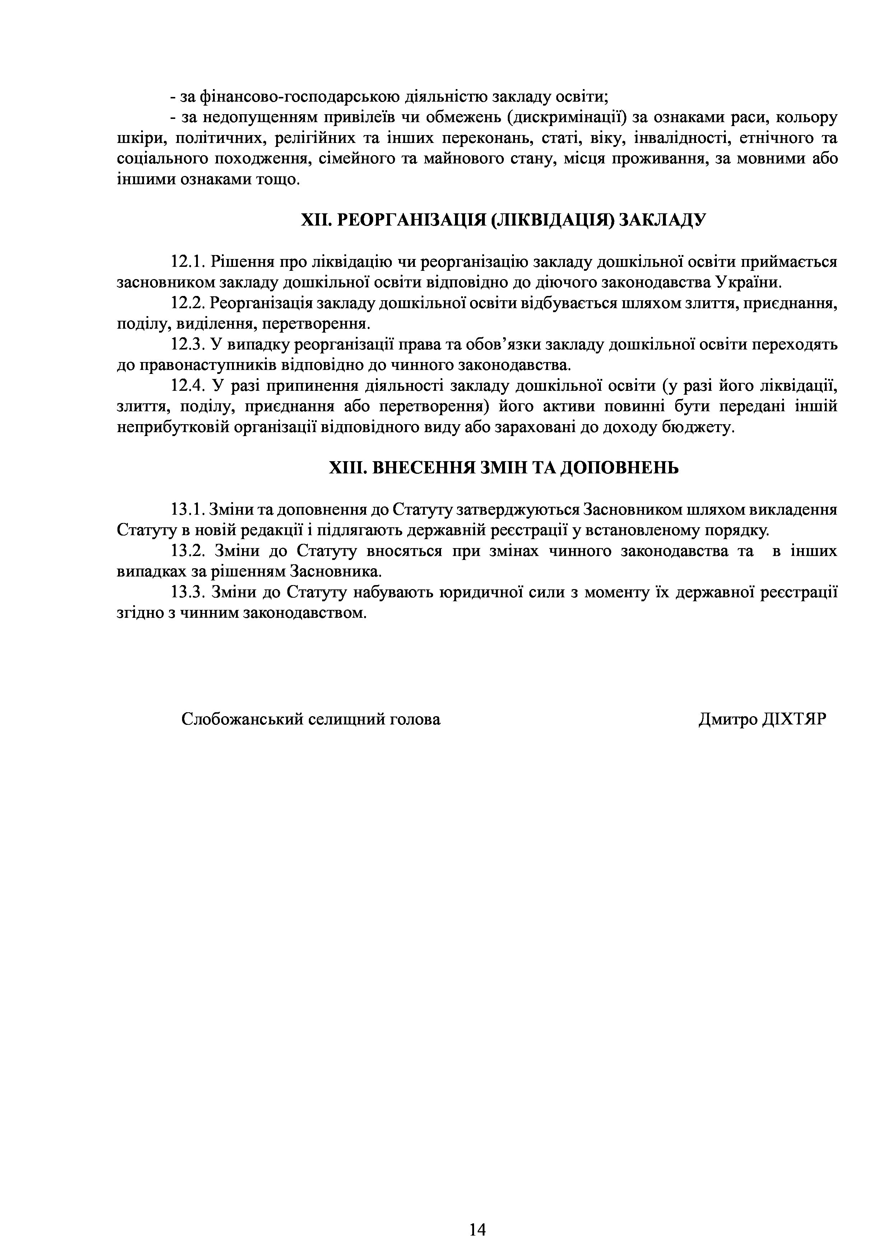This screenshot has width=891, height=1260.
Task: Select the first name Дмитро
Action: tap(728, 719)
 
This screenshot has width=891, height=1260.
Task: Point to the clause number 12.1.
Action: tap(187, 262)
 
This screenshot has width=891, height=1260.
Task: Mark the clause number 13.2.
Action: tap(187, 550)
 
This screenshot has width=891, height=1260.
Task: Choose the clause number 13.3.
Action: tap(187, 592)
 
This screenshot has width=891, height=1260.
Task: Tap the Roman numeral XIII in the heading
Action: tap(345, 468)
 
